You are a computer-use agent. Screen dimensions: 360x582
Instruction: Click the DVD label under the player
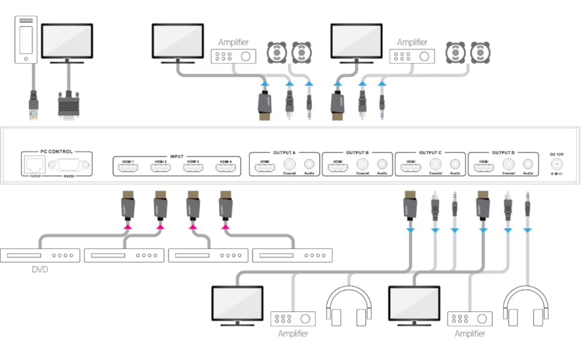(x=40, y=270)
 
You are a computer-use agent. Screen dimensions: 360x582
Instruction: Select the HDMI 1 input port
(x=128, y=169)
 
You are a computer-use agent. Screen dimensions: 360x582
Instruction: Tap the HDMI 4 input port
(x=225, y=169)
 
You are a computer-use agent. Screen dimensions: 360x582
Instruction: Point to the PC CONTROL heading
(x=56, y=152)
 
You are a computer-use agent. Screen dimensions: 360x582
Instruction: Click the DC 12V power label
(x=557, y=155)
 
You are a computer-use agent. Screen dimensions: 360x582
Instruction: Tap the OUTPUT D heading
(x=503, y=152)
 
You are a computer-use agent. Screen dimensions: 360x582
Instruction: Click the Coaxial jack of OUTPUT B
(x=362, y=164)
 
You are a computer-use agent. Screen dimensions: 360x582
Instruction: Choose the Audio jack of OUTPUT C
(x=455, y=164)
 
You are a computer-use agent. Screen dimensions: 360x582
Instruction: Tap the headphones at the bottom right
(x=526, y=307)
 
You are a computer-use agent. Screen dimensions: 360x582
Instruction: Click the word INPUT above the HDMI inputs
(x=176, y=156)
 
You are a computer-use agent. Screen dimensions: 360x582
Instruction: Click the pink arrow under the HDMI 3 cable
(x=193, y=227)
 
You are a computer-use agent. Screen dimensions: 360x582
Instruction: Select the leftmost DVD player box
(x=40, y=255)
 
